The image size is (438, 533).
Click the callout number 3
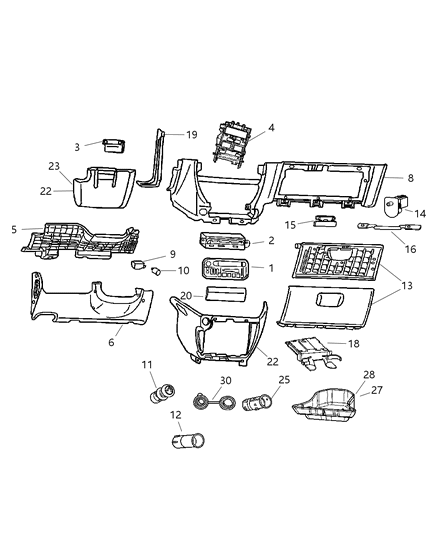pyautogui.click(x=89, y=148)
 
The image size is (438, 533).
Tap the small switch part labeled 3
pyautogui.click(x=113, y=146)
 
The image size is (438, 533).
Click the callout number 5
pyautogui.click(x=12, y=229)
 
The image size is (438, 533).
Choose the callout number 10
pyautogui.click(x=182, y=270)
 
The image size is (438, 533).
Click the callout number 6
pyautogui.click(x=111, y=342)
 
